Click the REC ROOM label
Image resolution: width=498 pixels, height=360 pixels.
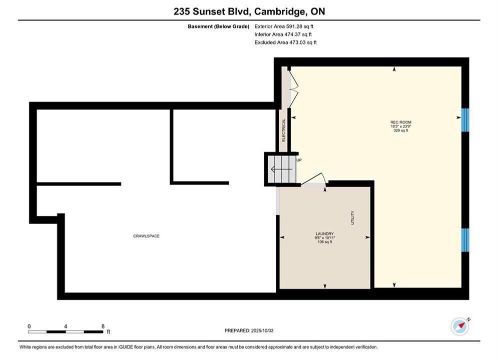coord(401,122)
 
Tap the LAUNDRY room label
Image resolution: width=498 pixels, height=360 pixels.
coord(325,234)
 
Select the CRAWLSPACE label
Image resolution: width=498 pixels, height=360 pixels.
coord(147,236)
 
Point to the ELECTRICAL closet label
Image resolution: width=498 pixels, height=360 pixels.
coord(284,130)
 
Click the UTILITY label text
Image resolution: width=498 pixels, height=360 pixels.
coord(352,217)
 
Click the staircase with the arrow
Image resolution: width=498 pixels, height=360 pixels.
coord(282,169)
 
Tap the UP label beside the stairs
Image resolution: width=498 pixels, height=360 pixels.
coord(299,160)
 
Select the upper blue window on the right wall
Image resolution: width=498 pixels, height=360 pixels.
coord(465,120)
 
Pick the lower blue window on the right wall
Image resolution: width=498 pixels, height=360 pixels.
coord(465,240)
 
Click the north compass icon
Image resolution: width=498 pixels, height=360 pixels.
coord(460,326)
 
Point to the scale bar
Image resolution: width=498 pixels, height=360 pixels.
coord(66,332)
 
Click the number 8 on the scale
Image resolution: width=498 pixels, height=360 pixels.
coord(103,326)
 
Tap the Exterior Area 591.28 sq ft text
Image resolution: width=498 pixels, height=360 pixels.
coord(284,26)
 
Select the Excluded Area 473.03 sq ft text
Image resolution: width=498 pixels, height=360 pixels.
coord(285,42)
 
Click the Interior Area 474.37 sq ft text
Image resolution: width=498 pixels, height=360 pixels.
coord(283,34)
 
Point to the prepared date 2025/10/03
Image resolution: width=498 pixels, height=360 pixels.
coord(262,330)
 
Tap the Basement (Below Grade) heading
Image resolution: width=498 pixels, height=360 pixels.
coord(219,26)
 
